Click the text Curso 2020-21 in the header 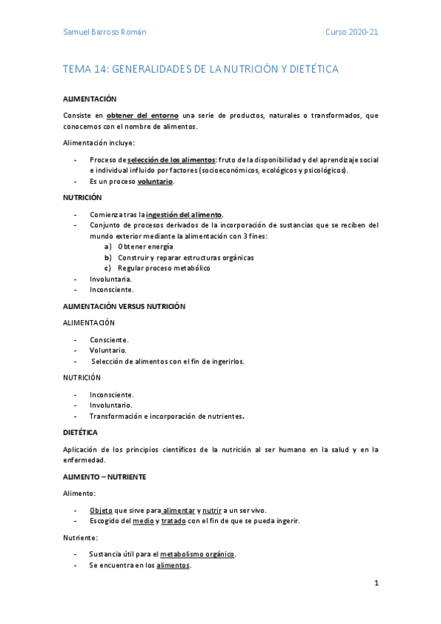click(352, 33)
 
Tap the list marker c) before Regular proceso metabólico click(108, 268)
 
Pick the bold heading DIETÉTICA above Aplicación click(80, 432)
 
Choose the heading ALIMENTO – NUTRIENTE click(105, 477)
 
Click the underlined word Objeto click(101, 510)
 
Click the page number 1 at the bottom click(376, 584)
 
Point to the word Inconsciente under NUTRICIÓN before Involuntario click(112, 394)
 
